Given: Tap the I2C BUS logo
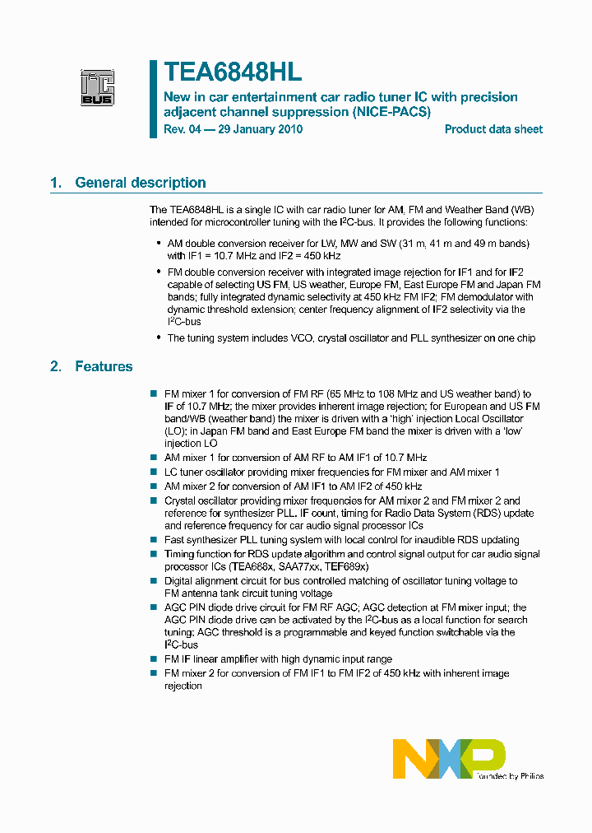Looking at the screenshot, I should pos(97,88).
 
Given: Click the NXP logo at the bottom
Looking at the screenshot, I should pos(449,758).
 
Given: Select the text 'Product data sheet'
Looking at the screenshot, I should pos(493,129).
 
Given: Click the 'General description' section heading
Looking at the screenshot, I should pos(141,183).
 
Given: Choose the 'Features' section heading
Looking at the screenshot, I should pos(104,366).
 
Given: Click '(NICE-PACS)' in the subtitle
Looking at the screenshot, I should pos(391,112).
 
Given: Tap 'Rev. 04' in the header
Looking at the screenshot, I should pos(182,129).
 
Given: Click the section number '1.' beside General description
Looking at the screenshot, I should pos(56,183).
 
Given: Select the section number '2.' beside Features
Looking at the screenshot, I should pos(56,366).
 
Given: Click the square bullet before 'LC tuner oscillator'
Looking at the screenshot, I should pos(154,472).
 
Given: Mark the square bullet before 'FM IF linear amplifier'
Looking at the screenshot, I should pos(154,659).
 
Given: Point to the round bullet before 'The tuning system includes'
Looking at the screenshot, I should pos(157,338).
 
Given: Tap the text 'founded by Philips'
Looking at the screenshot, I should pos(510,775).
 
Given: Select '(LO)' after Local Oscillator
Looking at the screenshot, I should pos(177,430).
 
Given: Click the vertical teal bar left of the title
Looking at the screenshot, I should pos(153,98).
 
